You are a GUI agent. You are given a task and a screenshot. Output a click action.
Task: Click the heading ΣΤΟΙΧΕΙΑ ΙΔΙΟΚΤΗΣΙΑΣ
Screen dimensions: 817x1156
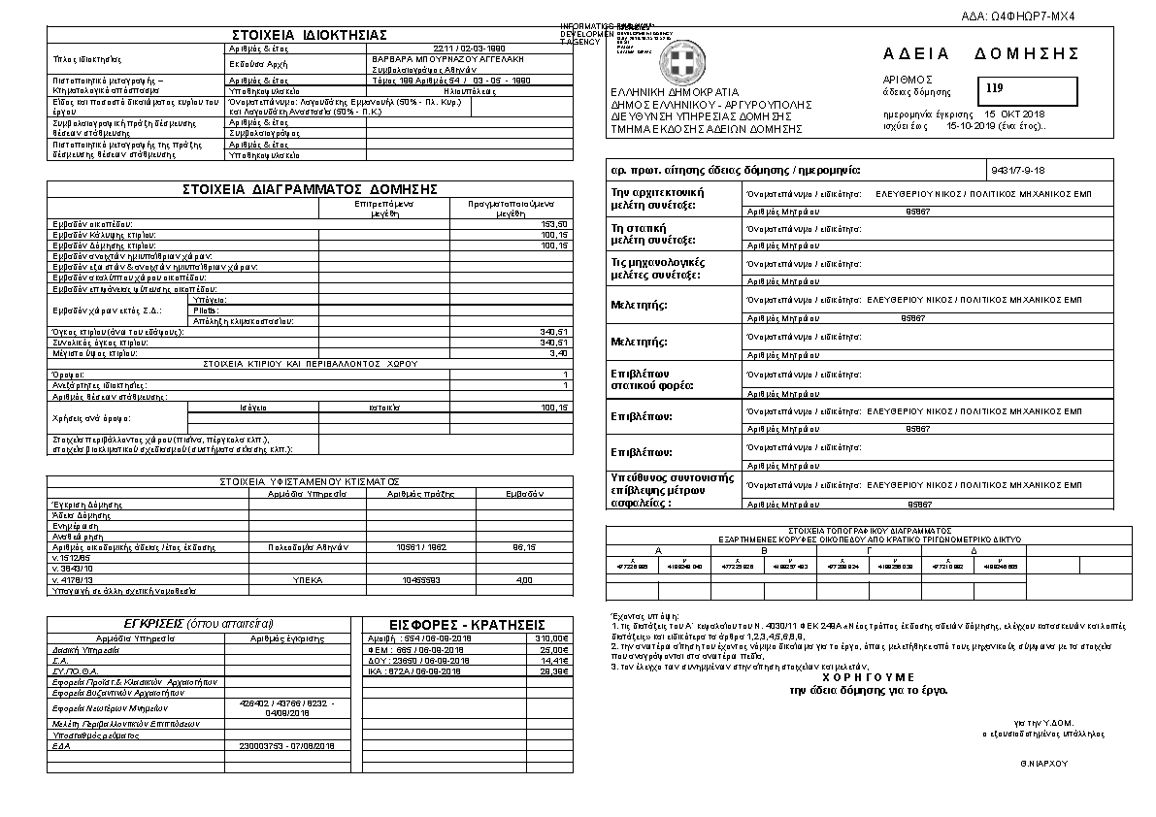(312, 35)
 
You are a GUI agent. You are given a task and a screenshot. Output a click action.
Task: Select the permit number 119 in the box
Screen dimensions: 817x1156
(994, 89)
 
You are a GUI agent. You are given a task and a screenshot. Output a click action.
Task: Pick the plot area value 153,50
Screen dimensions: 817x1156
(554, 224)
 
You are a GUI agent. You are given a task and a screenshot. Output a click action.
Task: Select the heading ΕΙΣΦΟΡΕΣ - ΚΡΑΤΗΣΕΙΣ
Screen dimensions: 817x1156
(467, 624)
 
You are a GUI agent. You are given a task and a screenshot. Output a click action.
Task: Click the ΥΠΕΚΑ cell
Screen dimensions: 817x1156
(307, 580)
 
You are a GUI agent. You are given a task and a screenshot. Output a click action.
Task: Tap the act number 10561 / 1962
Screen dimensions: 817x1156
(422, 547)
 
